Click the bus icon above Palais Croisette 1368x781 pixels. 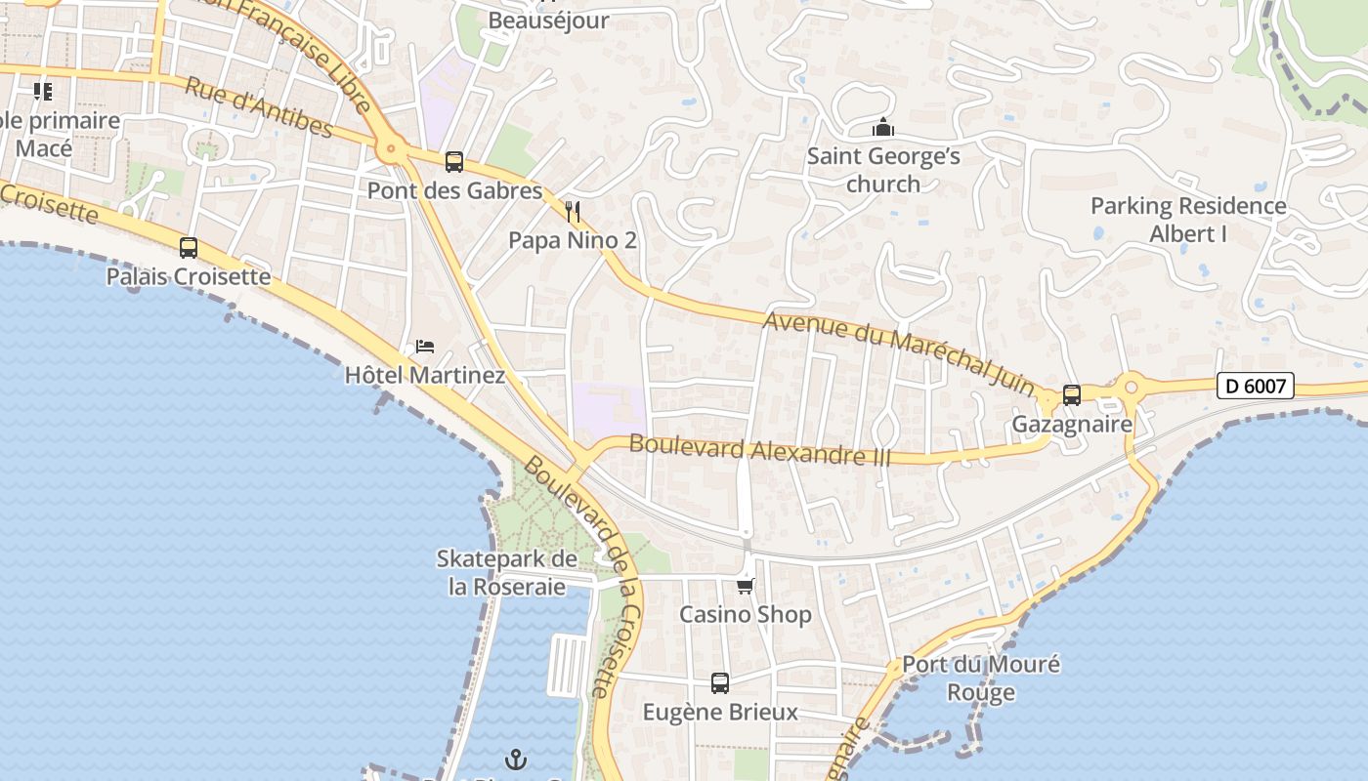(x=189, y=248)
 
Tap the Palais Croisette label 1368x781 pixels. (x=189, y=276)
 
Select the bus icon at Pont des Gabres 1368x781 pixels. (x=453, y=162)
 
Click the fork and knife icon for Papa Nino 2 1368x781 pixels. (x=573, y=212)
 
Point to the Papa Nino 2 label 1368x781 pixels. (x=573, y=240)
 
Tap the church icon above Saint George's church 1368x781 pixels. (x=883, y=128)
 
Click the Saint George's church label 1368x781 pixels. (x=883, y=170)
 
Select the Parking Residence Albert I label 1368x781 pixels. (x=1188, y=220)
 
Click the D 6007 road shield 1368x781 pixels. (x=1256, y=386)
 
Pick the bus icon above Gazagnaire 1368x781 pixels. (x=1072, y=395)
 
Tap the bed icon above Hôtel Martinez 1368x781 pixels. (x=425, y=347)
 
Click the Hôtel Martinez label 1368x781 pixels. (x=425, y=375)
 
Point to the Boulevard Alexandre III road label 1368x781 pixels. (x=760, y=450)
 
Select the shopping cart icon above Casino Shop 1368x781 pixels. (x=746, y=586)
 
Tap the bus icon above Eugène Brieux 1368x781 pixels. (x=720, y=683)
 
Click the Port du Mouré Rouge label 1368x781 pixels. (x=981, y=678)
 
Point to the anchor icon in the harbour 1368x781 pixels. (x=515, y=759)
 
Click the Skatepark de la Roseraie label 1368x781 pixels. (x=507, y=573)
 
